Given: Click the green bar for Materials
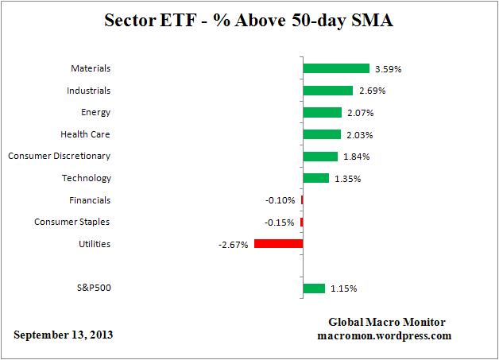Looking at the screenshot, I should [336, 68].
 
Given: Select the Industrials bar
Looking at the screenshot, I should [327, 91].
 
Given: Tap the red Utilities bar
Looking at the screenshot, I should [278, 244].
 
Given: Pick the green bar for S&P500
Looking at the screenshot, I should [314, 288].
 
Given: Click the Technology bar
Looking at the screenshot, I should [315, 178].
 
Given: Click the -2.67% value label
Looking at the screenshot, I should [234, 245].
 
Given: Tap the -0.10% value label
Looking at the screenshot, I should [280, 201].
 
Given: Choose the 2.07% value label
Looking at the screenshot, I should [360, 113].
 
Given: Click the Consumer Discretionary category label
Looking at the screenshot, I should [59, 156].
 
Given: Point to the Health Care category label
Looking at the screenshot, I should [85, 134].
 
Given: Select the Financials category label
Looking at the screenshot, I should [88, 200].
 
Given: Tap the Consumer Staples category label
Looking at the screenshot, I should [72, 222].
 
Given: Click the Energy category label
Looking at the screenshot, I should [95, 112].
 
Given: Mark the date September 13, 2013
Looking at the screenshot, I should [63, 334].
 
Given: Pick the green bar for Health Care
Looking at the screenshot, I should [322, 134].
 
